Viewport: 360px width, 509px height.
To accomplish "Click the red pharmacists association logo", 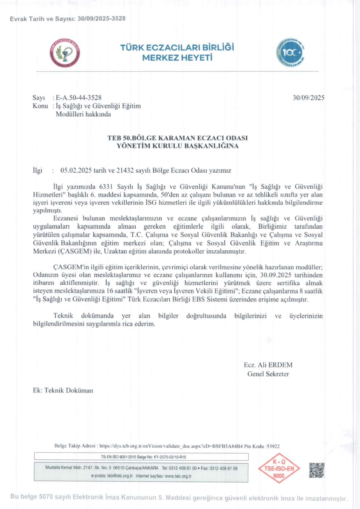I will click(65, 53).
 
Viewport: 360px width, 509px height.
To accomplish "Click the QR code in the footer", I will click(317, 470).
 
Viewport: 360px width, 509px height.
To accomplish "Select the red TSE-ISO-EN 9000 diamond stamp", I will click(279, 468).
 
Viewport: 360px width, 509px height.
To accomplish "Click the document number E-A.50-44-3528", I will click(79, 98).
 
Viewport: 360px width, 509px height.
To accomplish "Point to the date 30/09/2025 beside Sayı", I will click(308, 98).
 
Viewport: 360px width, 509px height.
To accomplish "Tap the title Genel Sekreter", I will click(268, 374).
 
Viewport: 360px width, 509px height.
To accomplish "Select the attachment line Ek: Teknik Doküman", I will click(63, 390).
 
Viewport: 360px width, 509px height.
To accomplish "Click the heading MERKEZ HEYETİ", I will click(177, 58).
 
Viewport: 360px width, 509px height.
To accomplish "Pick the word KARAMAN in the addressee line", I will click(177, 138).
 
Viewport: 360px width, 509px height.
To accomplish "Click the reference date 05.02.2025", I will click(76, 171).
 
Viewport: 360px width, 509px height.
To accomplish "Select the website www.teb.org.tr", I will click(178, 476).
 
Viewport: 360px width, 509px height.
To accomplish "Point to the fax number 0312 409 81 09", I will click(223, 468).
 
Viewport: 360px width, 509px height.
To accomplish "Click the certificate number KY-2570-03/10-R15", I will click(170, 457).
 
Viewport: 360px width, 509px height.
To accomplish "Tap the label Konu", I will click(40, 106).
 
